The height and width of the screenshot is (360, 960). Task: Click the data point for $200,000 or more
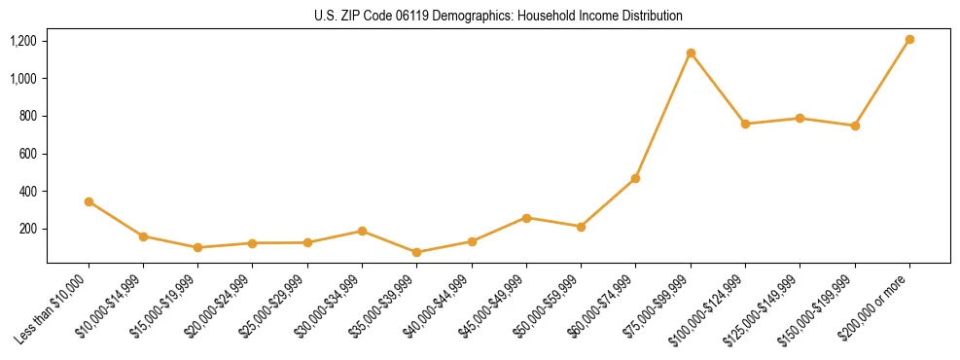909,40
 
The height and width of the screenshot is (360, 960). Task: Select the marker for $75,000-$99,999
691,53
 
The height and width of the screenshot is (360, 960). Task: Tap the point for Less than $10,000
89,201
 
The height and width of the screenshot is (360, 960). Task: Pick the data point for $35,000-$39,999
417,252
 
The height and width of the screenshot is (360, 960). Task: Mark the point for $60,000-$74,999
636,178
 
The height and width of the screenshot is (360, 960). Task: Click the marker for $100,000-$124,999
745,124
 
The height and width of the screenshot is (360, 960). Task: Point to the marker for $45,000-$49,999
526,218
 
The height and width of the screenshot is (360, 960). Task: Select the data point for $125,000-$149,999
800,118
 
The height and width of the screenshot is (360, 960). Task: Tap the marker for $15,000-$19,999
198,247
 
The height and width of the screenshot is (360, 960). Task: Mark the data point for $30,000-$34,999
362,231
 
